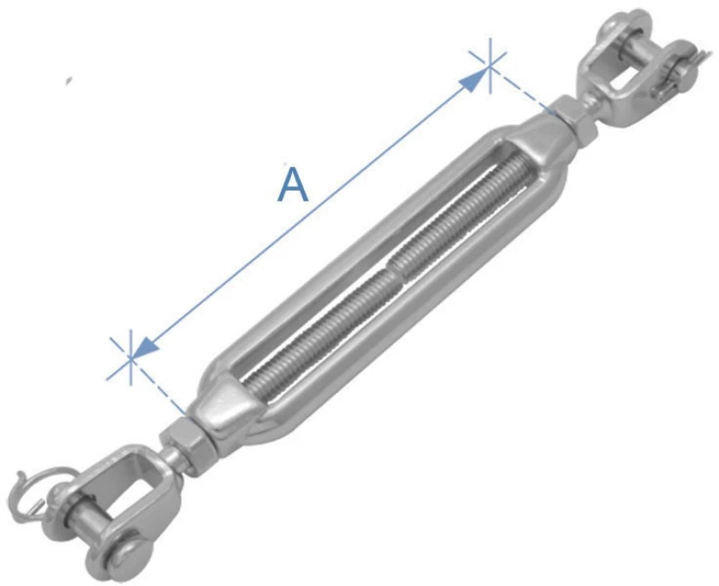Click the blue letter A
pyautogui.click(x=293, y=185)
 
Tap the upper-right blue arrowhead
pyautogui.click(x=474, y=80)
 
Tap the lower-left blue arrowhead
pyautogui.click(x=145, y=346)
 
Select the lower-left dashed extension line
pyautogui.click(x=159, y=386)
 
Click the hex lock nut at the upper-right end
pyautogui.click(x=575, y=120)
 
